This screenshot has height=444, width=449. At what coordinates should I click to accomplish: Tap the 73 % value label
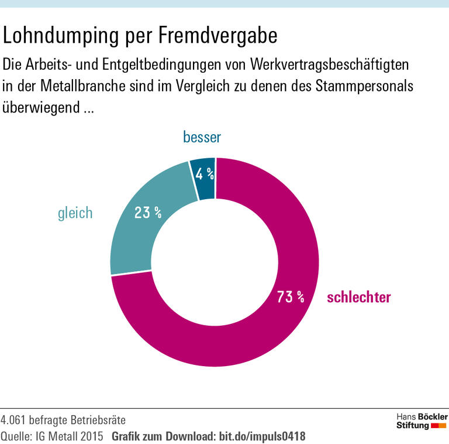click(x=291, y=297)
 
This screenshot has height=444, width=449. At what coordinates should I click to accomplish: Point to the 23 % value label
click(x=148, y=212)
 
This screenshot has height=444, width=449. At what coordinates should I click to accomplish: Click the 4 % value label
click(x=205, y=174)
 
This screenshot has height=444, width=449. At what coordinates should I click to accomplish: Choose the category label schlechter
click(x=359, y=297)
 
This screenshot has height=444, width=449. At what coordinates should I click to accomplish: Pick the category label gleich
click(x=75, y=212)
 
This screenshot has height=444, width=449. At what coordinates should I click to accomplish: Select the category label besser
click(x=202, y=138)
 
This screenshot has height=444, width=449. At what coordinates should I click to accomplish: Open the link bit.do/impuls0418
click(x=262, y=436)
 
